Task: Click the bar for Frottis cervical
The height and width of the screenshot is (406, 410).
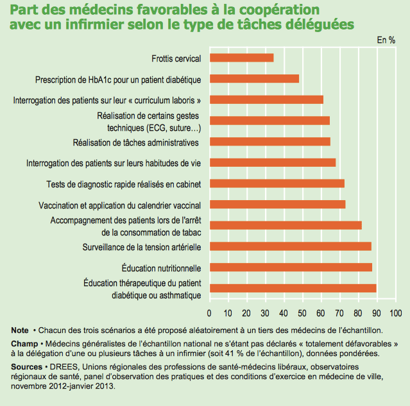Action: [x=242, y=58]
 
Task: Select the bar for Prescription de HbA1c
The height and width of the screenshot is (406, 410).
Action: [x=255, y=79]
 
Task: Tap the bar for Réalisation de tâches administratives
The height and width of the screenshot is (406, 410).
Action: [x=270, y=141]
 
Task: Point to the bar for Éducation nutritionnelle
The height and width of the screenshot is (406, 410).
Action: [x=291, y=267]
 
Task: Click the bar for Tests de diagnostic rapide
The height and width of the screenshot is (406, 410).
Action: [x=277, y=183]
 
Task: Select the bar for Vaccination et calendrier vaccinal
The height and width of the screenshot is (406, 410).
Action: [x=278, y=205]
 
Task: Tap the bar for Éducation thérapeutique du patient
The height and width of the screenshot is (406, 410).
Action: [x=293, y=288]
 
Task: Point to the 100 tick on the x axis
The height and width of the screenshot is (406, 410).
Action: [x=395, y=313]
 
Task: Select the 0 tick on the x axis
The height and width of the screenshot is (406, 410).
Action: [x=210, y=313]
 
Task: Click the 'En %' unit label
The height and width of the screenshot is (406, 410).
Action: [x=386, y=40]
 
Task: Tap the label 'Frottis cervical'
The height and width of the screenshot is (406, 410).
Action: [x=176, y=58]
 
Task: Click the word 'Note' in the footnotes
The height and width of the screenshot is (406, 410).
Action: [x=20, y=330]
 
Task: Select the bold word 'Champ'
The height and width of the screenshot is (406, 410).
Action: [x=24, y=344]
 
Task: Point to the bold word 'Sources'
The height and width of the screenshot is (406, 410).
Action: [x=26, y=366]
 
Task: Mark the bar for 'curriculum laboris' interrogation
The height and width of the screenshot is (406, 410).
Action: [x=266, y=99]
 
